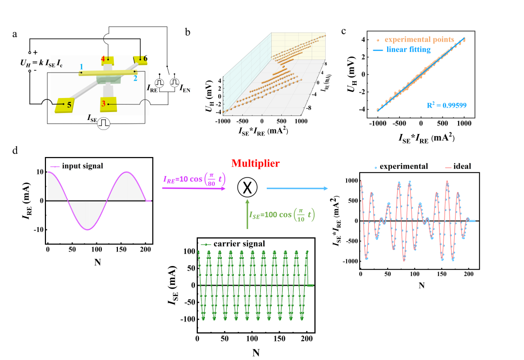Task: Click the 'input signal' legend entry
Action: pyautogui.click(x=78, y=165)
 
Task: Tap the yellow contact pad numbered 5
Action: pyautogui.click(x=65, y=104)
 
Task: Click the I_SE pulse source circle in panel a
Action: pyautogui.click(x=104, y=122)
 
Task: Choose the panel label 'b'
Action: pyautogui.click(x=188, y=32)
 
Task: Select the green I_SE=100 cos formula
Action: pyautogui.click(x=283, y=215)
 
